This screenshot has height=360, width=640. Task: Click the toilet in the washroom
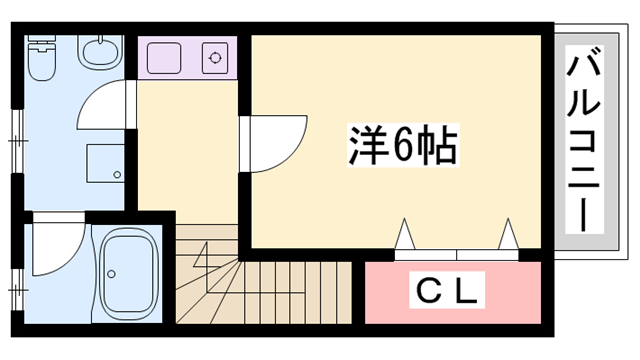click(x=43, y=60)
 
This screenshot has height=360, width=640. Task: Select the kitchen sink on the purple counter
click(x=167, y=58)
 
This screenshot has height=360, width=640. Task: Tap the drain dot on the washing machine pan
click(x=118, y=175)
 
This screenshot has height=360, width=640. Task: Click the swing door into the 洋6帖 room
click(x=275, y=140)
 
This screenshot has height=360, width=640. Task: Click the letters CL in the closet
click(x=450, y=292)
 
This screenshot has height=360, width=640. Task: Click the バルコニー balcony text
click(x=584, y=140)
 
